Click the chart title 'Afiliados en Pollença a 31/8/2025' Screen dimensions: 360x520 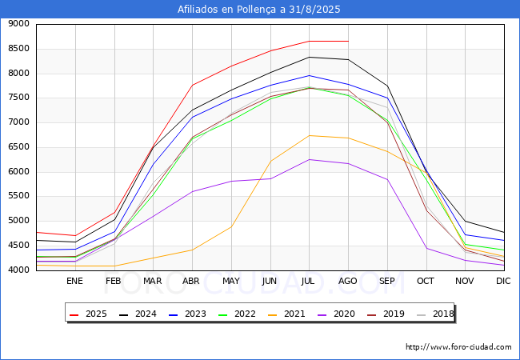point(260,10)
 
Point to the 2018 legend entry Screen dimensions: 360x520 point(432,314)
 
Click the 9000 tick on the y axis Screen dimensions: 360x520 point(18,24)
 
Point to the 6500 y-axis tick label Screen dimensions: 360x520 point(18,147)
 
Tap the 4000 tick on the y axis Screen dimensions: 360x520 point(18,270)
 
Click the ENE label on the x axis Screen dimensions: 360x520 point(74,281)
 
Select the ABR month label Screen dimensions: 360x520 point(191,281)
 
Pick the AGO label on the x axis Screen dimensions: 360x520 point(347,281)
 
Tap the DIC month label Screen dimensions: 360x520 point(503,281)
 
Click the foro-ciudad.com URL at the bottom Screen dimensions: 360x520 point(458,347)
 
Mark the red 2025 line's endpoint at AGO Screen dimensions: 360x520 point(347,41)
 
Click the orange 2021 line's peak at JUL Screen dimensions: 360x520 point(309,135)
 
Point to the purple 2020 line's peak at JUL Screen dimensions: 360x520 point(309,159)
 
